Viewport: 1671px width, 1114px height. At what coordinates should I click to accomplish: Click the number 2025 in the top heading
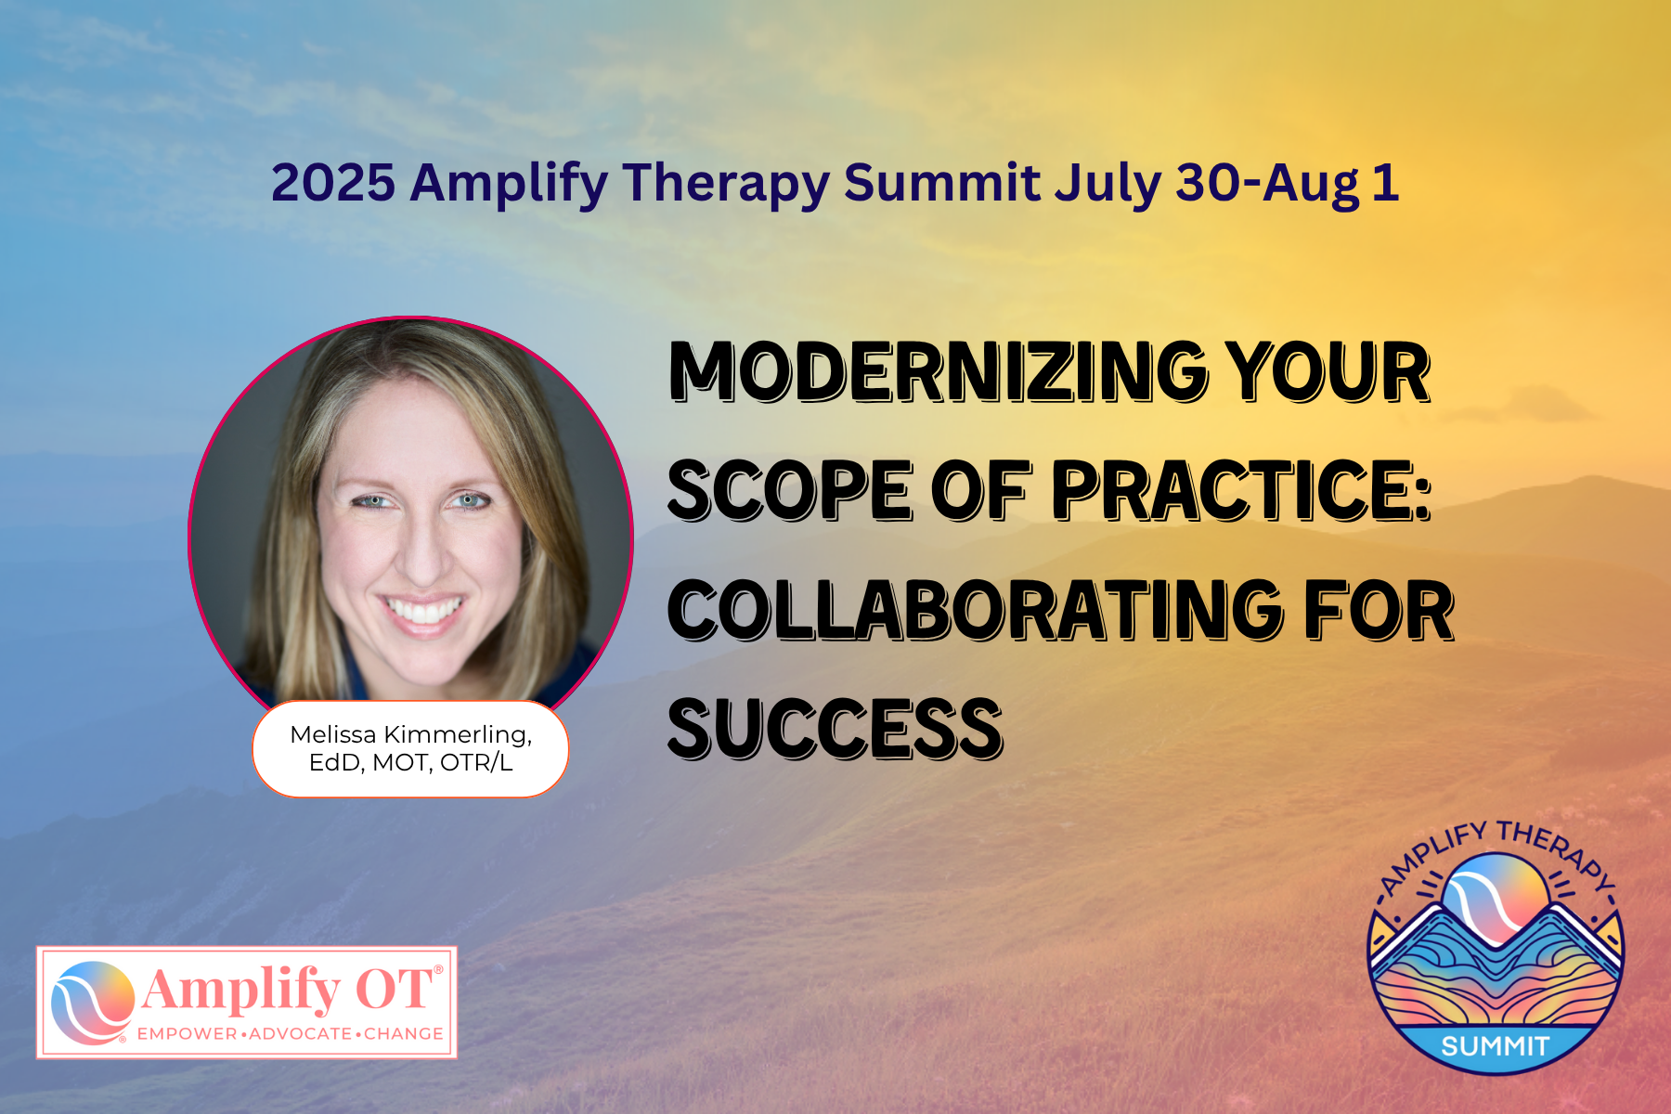click(x=333, y=182)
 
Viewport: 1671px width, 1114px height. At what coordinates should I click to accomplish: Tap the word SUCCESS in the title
click(x=835, y=730)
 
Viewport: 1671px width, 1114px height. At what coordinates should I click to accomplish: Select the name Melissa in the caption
click(x=333, y=734)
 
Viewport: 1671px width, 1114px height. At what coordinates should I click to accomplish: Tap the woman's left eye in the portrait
click(x=472, y=501)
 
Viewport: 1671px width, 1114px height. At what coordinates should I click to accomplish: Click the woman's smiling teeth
click(x=424, y=611)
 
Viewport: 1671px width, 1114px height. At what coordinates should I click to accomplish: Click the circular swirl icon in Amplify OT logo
click(x=93, y=1003)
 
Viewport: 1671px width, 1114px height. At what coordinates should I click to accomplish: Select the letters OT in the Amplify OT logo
click(x=395, y=989)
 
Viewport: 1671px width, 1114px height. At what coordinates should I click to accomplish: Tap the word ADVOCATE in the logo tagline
click(x=300, y=1033)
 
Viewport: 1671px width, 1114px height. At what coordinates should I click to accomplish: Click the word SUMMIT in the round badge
click(x=1495, y=1046)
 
